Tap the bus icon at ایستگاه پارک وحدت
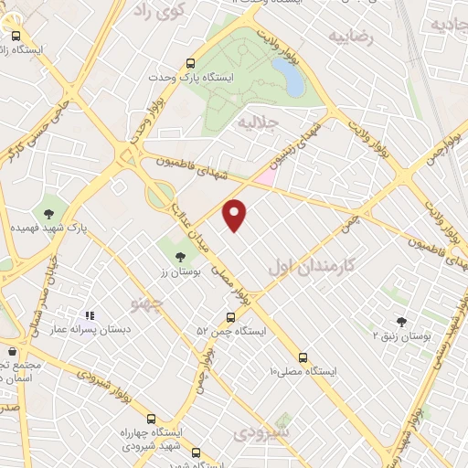(191, 63)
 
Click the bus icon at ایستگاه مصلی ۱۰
(303, 357)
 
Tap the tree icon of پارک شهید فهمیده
(48, 213)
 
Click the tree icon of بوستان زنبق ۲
(401, 322)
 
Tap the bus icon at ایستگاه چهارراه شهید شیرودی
(151, 418)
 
